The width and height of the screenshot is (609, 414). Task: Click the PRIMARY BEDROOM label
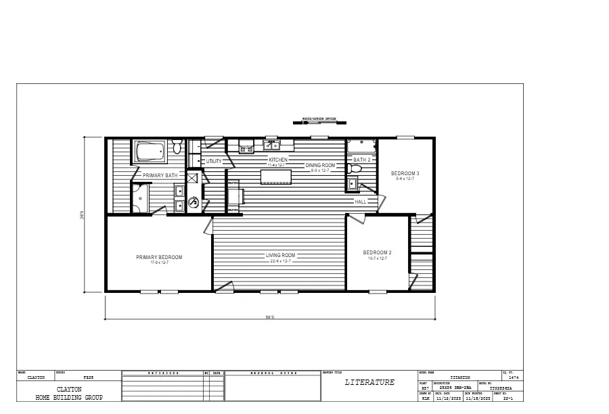pyautogui.click(x=159, y=257)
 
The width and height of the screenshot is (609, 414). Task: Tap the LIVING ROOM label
pyautogui.click(x=280, y=255)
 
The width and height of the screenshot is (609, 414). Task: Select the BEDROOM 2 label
pyautogui.click(x=377, y=252)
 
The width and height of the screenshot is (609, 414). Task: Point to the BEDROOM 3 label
pyautogui.click(x=405, y=173)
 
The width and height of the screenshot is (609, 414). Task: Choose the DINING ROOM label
pyautogui.click(x=320, y=165)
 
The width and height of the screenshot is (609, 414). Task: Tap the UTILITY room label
pyautogui.click(x=215, y=162)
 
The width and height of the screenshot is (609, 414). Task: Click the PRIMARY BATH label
pyautogui.click(x=160, y=175)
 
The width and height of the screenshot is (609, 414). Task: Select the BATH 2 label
pyautogui.click(x=363, y=160)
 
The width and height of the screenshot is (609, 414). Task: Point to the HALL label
pyautogui.click(x=360, y=201)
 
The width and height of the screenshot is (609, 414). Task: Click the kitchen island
pyautogui.click(x=276, y=177)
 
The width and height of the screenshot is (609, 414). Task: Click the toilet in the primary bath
pyautogui.click(x=177, y=146)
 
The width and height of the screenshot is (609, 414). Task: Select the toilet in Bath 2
pyautogui.click(x=355, y=169)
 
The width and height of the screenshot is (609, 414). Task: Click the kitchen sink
pyautogui.click(x=272, y=145)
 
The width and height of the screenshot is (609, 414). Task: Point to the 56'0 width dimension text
pyautogui.click(x=270, y=317)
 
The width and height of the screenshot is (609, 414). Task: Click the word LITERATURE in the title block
pyautogui.click(x=369, y=382)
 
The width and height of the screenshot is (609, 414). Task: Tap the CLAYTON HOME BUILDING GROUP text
pyautogui.click(x=69, y=393)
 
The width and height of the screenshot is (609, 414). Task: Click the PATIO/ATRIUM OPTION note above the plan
pyautogui.click(x=319, y=118)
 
